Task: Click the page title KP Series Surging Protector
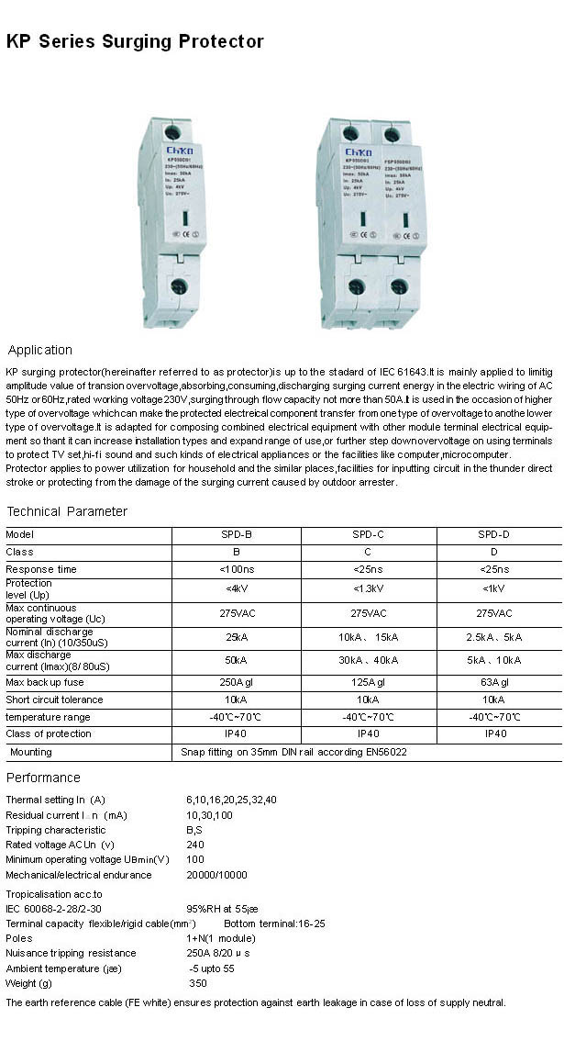[135, 41]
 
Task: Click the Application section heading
[39, 350]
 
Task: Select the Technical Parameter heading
[67, 511]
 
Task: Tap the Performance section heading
[43, 778]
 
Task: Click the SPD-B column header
[237, 534]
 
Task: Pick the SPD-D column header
[493, 534]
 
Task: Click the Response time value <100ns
[237, 569]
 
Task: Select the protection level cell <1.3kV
[368, 588]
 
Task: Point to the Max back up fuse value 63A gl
[493, 682]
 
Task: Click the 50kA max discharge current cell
[237, 660]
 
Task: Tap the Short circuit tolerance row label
[54, 700]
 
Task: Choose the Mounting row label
[31, 752]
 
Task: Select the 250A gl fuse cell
[237, 682]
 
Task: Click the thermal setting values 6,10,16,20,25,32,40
[231, 800]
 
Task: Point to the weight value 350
[198, 983]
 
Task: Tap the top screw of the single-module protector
[172, 132]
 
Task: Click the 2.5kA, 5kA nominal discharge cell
[493, 636]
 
